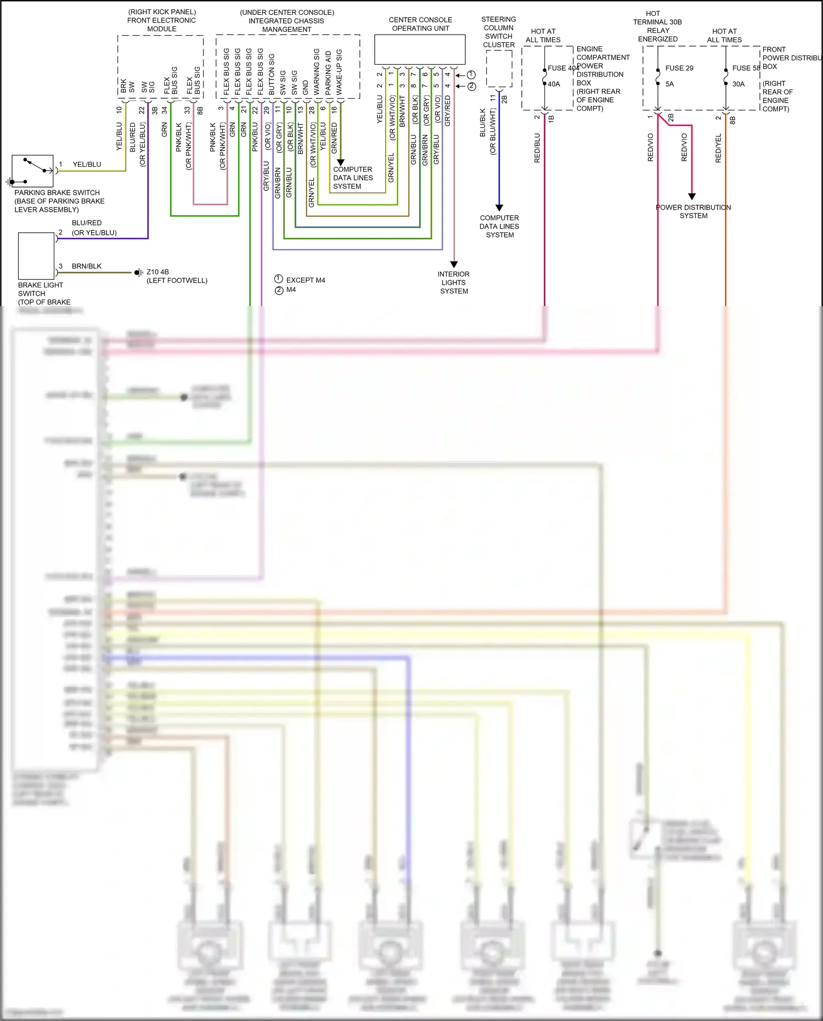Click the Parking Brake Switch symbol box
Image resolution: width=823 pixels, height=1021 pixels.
(x=32, y=171)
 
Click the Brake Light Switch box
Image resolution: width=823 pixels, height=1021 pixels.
(x=36, y=256)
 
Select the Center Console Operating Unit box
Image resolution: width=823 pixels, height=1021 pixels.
(x=420, y=49)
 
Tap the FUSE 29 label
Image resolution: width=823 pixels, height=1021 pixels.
(x=679, y=68)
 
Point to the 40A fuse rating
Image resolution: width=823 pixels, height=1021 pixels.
(x=554, y=84)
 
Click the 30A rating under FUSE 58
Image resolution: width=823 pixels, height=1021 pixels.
(x=739, y=84)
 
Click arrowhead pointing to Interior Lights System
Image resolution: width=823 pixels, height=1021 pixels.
(x=454, y=264)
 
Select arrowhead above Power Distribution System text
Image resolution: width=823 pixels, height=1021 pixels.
(x=692, y=196)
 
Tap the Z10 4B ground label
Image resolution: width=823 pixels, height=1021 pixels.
(x=157, y=272)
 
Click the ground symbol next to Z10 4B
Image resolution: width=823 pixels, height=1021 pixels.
(x=138, y=272)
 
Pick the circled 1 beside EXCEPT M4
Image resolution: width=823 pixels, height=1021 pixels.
(x=279, y=279)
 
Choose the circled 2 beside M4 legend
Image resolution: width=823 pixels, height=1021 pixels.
(x=279, y=290)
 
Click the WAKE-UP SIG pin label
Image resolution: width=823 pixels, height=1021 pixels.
(x=339, y=72)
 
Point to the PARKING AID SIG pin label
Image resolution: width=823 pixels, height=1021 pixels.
(x=328, y=72)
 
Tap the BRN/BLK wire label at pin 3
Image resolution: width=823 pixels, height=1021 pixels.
(x=87, y=266)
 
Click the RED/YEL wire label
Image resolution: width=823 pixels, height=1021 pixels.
(x=718, y=148)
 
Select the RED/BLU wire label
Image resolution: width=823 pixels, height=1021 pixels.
(x=537, y=148)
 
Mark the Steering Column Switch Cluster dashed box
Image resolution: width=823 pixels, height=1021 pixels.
(x=499, y=69)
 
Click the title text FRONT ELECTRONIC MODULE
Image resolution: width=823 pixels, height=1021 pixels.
(x=161, y=25)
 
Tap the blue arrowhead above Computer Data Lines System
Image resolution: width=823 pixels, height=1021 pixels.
(x=499, y=207)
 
